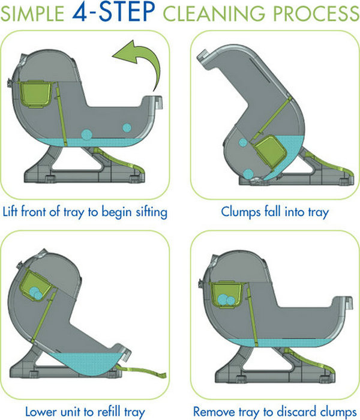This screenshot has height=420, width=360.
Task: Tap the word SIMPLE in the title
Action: [32, 13]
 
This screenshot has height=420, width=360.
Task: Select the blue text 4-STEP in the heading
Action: [113, 11]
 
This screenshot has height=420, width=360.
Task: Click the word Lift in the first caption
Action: [10, 211]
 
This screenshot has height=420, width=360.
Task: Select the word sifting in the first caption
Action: [152, 212]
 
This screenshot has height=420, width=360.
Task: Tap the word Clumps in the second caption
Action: [241, 212]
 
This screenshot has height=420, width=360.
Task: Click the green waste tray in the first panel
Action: [35, 94]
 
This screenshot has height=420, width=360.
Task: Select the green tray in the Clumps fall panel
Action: [271, 152]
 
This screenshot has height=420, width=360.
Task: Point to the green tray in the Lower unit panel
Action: [35, 285]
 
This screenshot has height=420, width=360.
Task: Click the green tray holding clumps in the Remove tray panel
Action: [226, 295]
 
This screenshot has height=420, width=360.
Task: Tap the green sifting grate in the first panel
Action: [61, 115]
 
